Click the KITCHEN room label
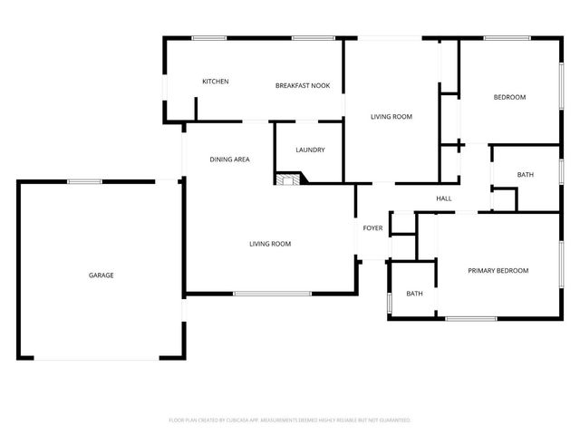tap(215, 82)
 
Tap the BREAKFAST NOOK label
tap(303, 85)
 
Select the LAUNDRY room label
tap(310, 150)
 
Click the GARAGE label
tap(101, 275)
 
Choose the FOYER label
tap(372, 227)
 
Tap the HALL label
tap(444, 199)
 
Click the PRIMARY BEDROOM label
tap(498, 271)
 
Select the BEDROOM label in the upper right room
tap(508, 98)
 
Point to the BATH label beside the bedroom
tap(526, 175)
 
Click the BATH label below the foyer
tap(414, 294)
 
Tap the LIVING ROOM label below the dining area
tap(270, 244)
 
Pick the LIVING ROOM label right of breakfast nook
tap(391, 117)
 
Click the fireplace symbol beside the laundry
tap(288, 179)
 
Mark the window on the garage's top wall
tap(83, 181)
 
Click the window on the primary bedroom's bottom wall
tap(470, 318)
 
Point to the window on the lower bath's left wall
tap(390, 302)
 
